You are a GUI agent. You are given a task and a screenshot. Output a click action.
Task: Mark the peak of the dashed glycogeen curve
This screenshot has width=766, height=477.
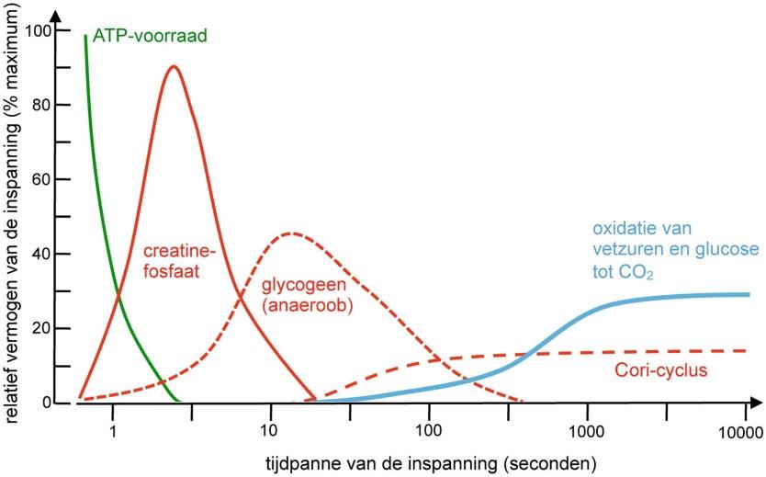coord(290,233)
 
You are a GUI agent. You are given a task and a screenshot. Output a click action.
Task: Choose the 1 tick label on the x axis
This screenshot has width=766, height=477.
coord(112,429)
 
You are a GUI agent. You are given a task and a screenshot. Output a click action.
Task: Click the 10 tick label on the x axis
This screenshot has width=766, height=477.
coord(270,429)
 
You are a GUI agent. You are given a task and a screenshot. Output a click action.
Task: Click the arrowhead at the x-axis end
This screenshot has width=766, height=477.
coord(755,403)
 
